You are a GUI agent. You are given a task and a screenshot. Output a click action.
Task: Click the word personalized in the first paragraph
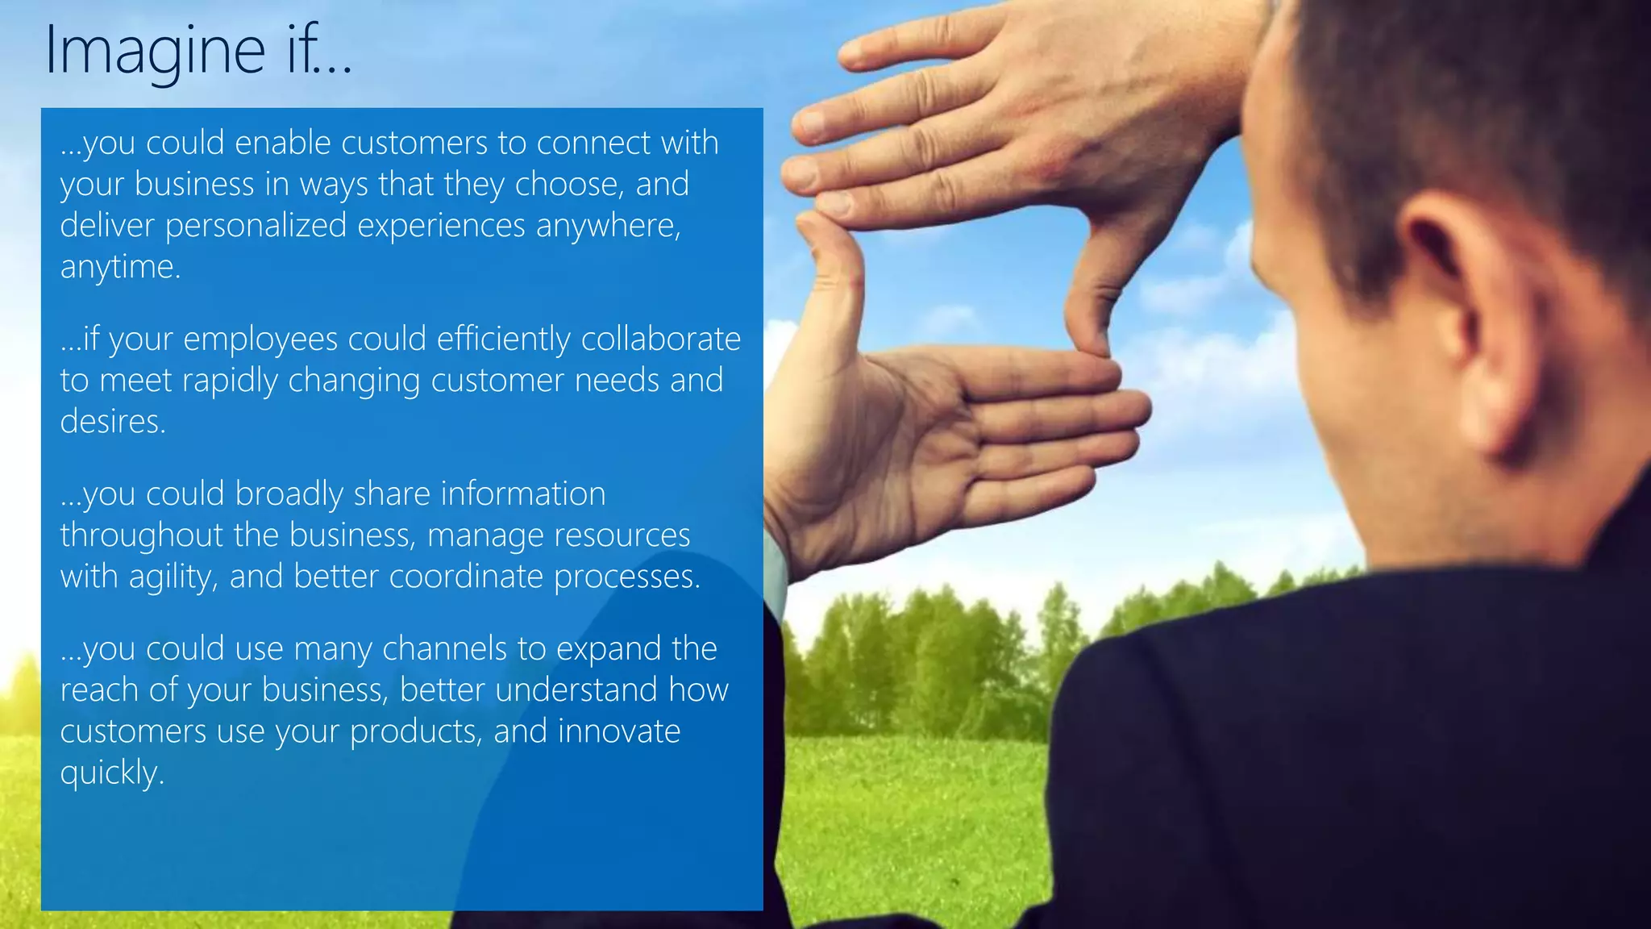click(x=256, y=225)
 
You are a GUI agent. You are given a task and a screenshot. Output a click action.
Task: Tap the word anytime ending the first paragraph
click(x=119, y=267)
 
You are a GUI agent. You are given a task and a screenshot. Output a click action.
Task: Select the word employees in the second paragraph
click(x=260, y=340)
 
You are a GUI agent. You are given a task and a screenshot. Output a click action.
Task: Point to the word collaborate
click(x=660, y=339)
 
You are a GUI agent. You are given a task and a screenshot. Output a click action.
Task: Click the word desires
click(x=112, y=421)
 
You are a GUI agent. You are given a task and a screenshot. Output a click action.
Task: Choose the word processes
click(x=626, y=577)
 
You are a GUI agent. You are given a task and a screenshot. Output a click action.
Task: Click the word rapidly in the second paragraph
click(x=229, y=381)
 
